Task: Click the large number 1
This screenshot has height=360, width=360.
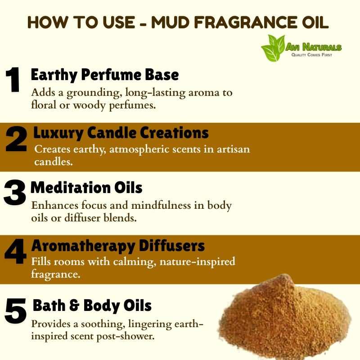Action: click(13, 80)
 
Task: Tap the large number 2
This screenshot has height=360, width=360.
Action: click(16, 139)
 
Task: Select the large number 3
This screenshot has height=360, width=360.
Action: click(15, 193)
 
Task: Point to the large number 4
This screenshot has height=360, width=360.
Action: click(16, 252)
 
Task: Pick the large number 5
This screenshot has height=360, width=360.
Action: click(16, 311)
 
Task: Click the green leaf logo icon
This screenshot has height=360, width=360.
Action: click(273, 48)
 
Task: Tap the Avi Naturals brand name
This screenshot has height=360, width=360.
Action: click(314, 47)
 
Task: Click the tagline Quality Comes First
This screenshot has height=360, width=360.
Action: click(311, 55)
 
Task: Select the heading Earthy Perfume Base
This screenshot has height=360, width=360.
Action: click(105, 75)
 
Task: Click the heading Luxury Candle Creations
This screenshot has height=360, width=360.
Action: click(121, 133)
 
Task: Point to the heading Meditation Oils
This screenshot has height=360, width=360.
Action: click(86, 188)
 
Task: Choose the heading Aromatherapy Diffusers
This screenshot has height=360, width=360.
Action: click(118, 246)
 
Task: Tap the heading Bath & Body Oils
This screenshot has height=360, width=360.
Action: click(92, 306)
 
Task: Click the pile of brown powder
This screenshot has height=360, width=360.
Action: click(285, 317)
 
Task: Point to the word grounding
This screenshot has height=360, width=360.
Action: click(94, 93)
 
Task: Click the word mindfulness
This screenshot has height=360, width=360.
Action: click(161, 205)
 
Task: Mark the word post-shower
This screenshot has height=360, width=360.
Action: click(126, 337)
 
